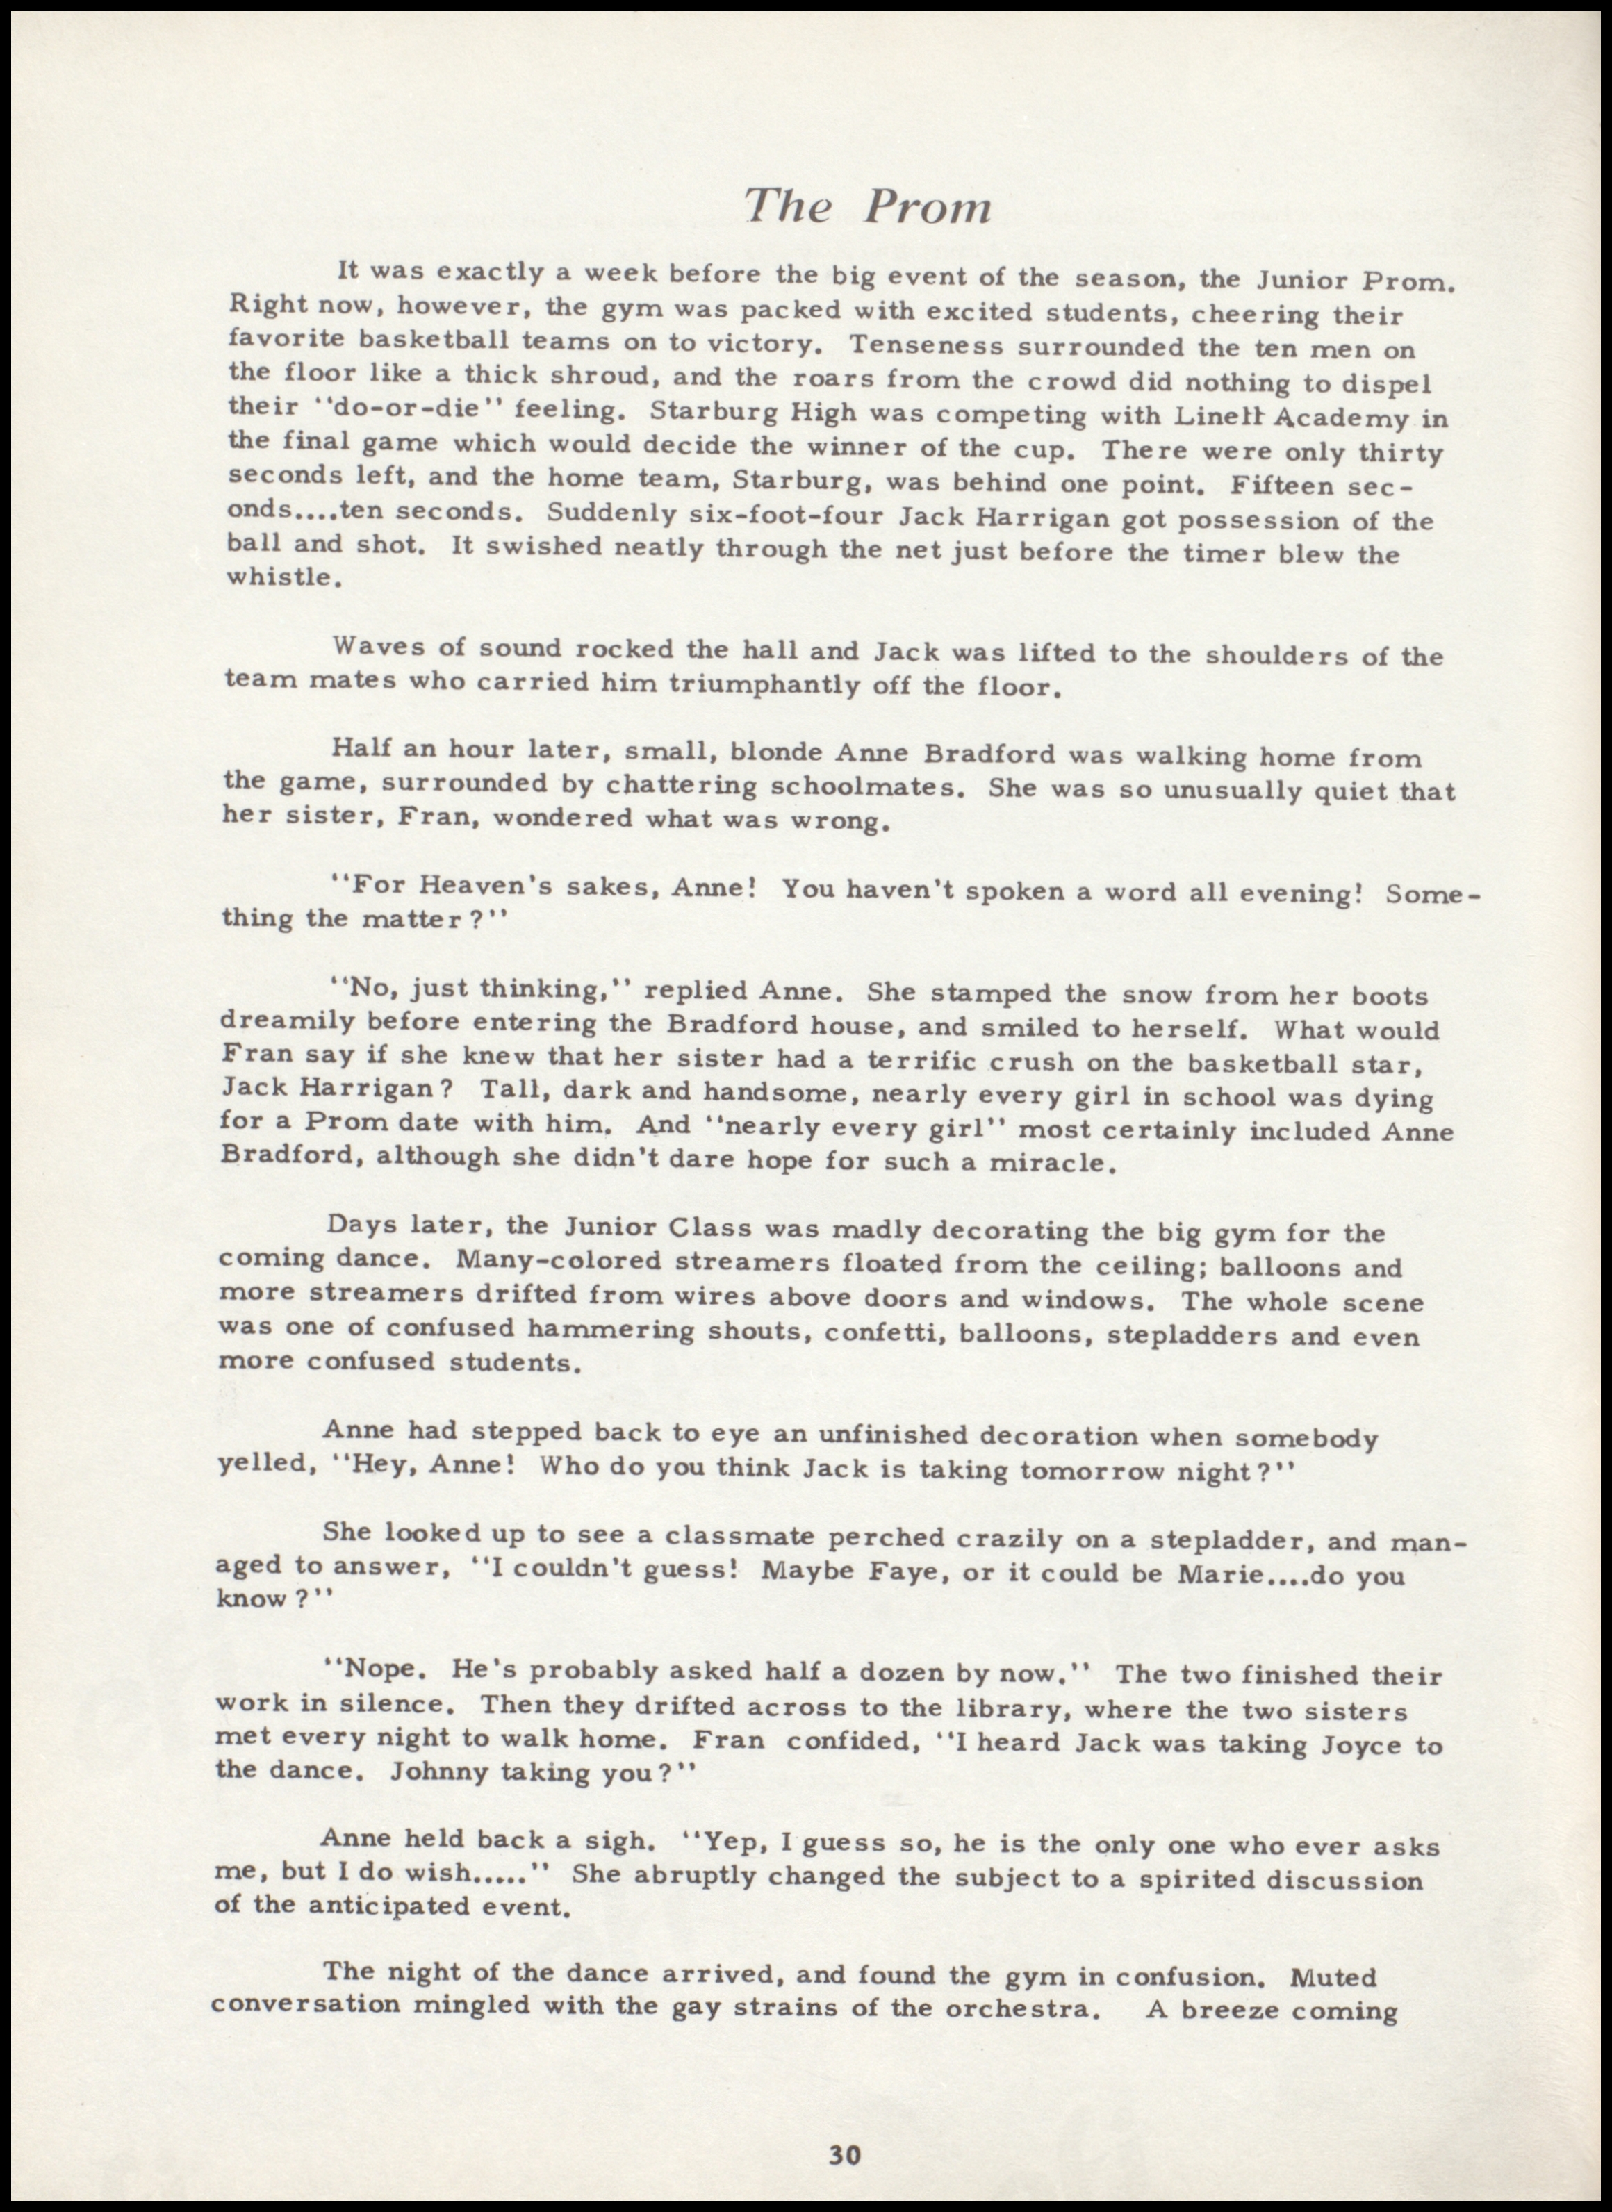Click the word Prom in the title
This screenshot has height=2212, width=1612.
click(x=929, y=208)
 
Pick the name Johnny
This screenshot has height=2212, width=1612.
click(x=438, y=1773)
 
